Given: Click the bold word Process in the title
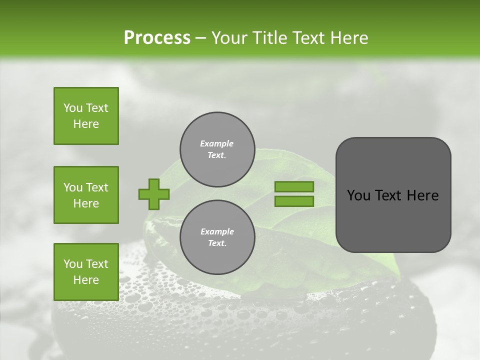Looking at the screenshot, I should point(157,37).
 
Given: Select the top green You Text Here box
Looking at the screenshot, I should point(86,116).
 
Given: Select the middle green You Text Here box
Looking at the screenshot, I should point(86,195).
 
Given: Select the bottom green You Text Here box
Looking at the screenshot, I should point(86,272).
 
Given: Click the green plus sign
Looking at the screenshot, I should point(154,194).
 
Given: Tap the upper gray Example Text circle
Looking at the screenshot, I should point(217,149).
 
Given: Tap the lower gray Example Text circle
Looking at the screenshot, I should point(217,237).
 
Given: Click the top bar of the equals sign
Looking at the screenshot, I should point(294,186).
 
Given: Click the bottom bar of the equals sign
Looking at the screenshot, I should point(294,201).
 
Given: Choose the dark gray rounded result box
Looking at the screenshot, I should point(393,195).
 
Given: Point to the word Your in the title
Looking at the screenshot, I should point(229,37).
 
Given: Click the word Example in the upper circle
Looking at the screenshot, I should point(217,143).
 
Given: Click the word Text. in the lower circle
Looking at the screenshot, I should point(217,243).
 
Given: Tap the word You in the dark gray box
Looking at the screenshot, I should point(358,195).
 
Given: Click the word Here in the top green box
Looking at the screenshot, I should point(86,124).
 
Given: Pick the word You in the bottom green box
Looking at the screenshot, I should point(73,264).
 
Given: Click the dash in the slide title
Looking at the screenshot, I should point(200,38).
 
